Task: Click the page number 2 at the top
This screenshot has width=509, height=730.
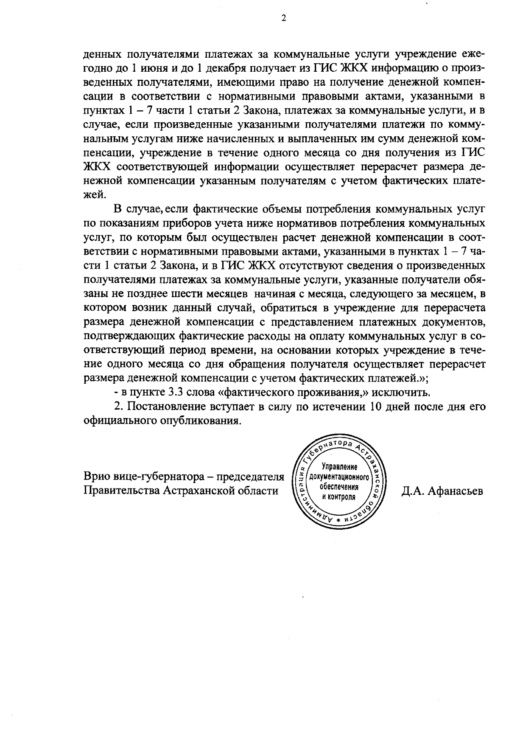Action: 283,17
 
